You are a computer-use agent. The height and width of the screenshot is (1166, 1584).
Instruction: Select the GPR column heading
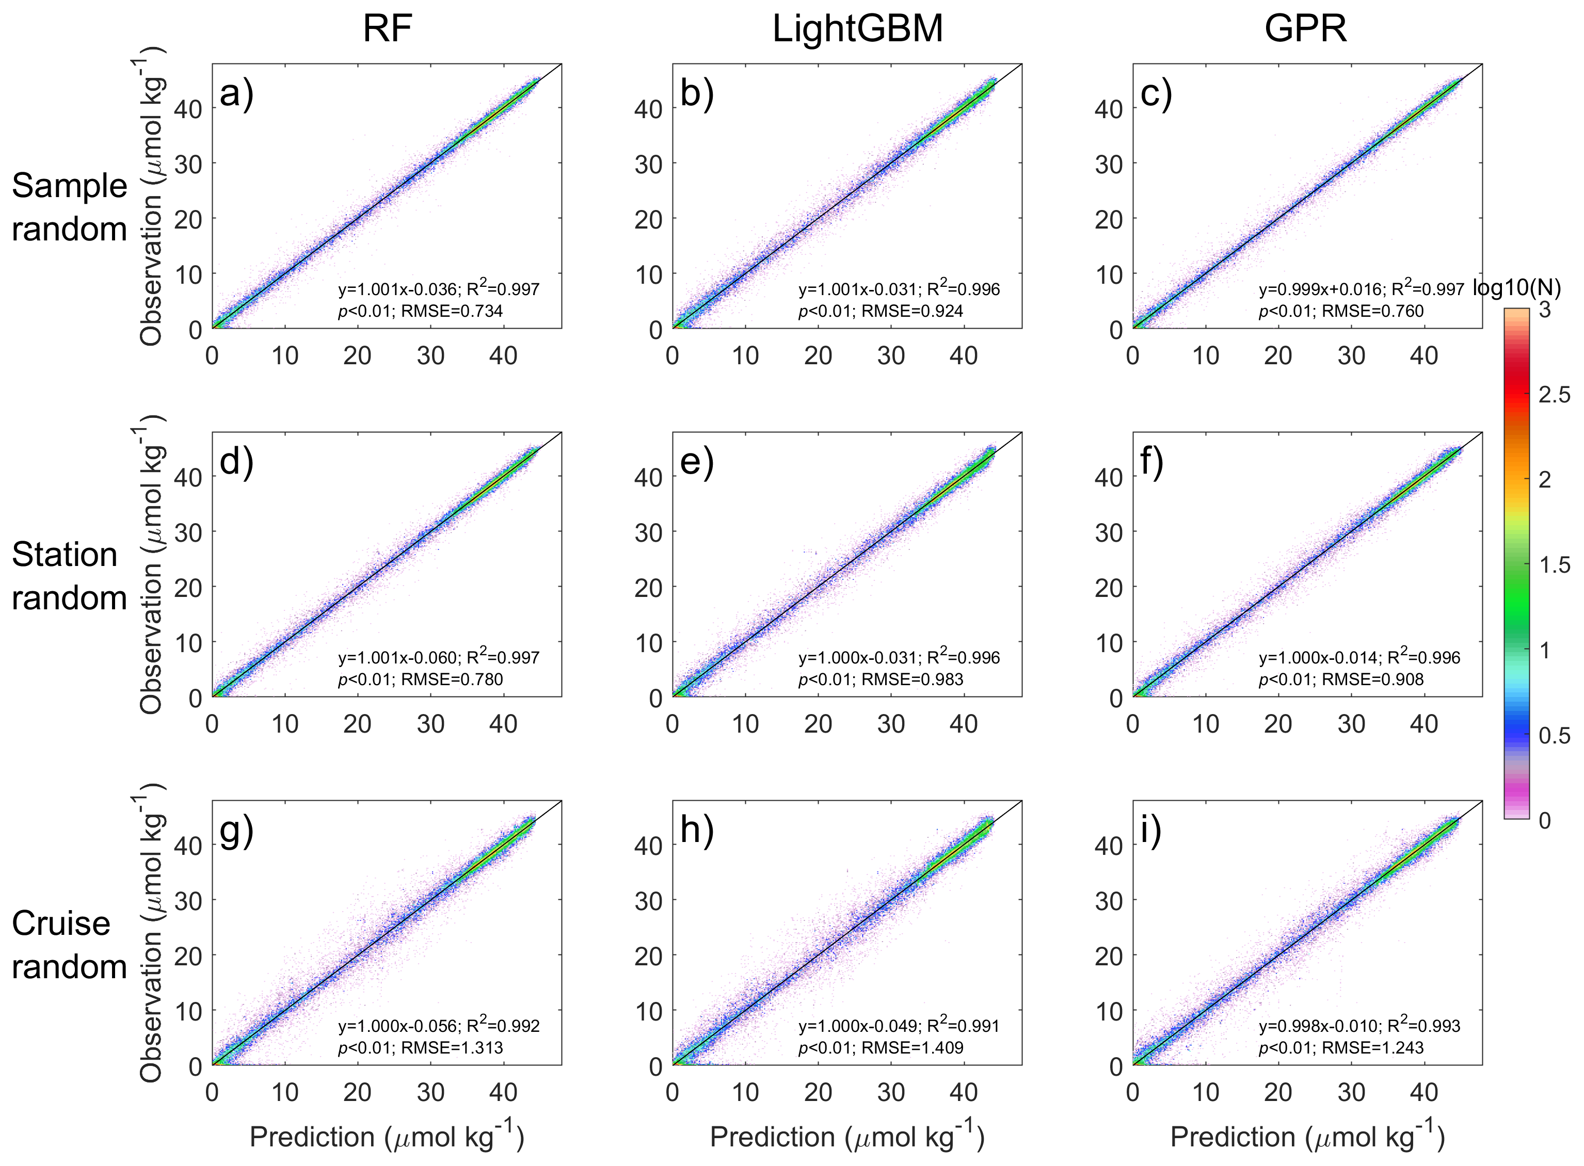point(1305,29)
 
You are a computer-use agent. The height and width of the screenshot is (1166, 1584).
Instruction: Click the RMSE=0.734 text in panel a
point(452,311)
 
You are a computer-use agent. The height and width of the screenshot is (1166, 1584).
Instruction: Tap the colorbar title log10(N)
point(1516,288)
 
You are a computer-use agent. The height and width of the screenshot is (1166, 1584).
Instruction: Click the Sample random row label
point(69,207)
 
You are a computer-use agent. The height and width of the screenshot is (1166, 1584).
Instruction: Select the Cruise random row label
point(69,944)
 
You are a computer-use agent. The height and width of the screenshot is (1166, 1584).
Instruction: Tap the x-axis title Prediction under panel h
point(846,1137)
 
